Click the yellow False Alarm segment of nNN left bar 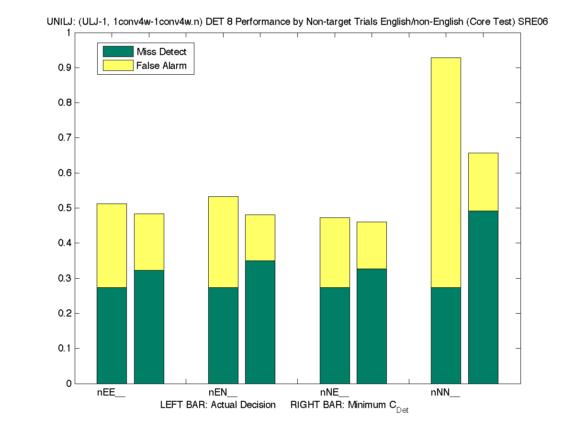tap(446, 172)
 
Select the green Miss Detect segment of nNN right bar tap(483, 297)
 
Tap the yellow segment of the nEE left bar tap(112, 245)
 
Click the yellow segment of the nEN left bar tap(223, 242)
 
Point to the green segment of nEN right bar tap(260, 322)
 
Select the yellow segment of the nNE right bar tap(372, 245)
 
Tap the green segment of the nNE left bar tap(335, 335)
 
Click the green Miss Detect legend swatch tap(118, 52)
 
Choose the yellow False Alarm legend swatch tap(118, 66)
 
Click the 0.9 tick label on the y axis tap(63, 68)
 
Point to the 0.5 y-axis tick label tap(63, 208)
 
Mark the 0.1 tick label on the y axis tap(63, 349)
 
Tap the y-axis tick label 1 tap(68, 33)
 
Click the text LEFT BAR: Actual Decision tap(218, 405)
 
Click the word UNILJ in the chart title tap(58, 22)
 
